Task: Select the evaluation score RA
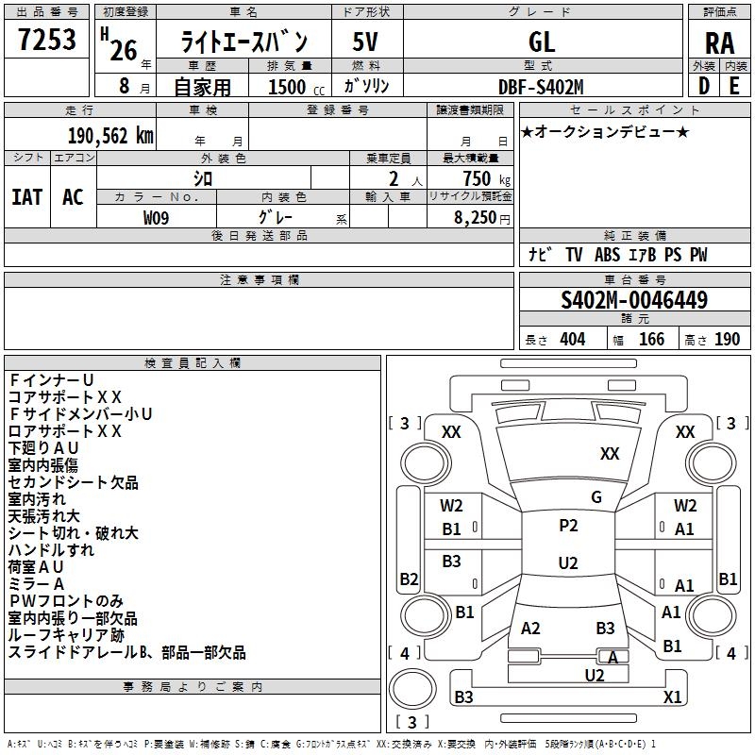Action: pos(719,43)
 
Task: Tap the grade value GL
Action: pos(542,42)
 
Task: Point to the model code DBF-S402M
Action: pos(541,87)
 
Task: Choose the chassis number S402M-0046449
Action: pos(634,300)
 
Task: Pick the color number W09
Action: pos(157,217)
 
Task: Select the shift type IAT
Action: pos(26,196)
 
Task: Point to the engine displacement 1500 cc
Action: pos(293,87)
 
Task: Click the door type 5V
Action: pos(365,42)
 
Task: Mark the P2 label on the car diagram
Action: pos(568,526)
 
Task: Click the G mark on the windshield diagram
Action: pos(596,497)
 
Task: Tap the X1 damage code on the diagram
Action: pos(672,697)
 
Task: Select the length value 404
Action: pos(572,340)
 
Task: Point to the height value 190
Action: pos(727,340)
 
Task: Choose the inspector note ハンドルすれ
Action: pos(51,550)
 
